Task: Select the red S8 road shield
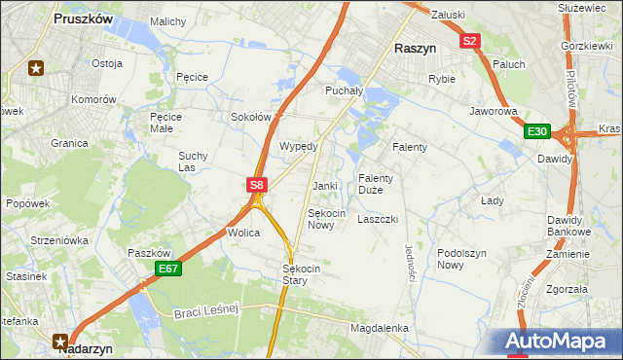tap(255, 184)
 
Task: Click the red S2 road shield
tap(470, 41)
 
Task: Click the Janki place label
tap(324, 186)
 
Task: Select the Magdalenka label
tap(379, 329)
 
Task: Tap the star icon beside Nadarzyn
tap(60, 341)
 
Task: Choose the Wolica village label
tap(243, 234)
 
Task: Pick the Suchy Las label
tap(193, 161)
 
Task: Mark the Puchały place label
tap(343, 90)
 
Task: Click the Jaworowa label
tap(493, 112)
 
